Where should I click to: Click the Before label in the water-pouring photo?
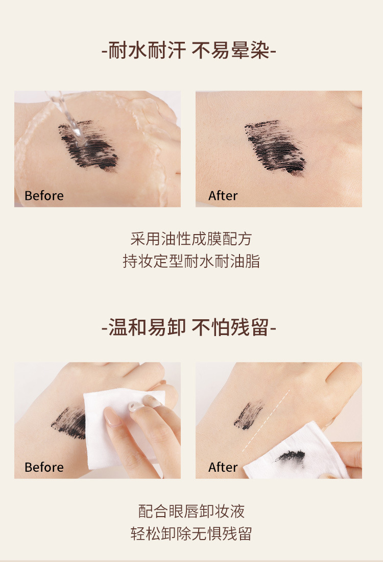pos(44,196)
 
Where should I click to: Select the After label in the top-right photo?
pos(223,196)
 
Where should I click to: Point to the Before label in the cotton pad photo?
pos(44,467)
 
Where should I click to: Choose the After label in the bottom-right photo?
pos(223,467)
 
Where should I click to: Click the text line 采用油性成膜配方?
pos(191,239)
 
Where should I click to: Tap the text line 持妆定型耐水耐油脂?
pos(191,262)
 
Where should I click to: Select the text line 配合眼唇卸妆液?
pos(191,510)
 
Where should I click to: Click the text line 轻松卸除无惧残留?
pos(191,534)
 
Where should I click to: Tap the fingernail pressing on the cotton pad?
pos(113,416)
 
